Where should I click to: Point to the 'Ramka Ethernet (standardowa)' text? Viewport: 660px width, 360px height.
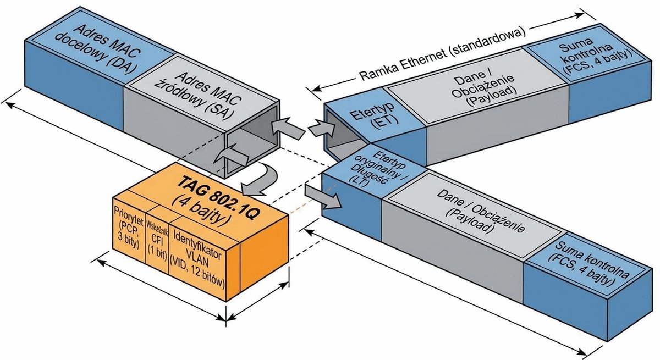(443, 54)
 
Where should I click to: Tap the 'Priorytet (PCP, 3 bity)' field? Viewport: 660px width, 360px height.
(129, 227)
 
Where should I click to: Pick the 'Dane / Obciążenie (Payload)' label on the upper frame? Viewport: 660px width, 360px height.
(483, 88)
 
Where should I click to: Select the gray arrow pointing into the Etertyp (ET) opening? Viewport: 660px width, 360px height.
(322, 129)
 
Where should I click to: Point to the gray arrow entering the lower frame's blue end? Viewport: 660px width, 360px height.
(323, 197)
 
